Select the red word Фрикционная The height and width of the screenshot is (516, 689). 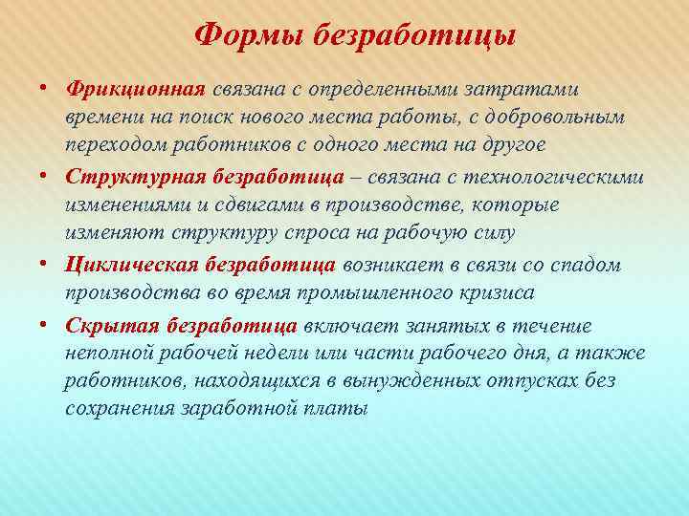click(x=136, y=89)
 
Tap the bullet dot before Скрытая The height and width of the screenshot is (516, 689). click(x=45, y=324)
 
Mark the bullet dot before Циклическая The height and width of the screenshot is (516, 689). click(x=45, y=265)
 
